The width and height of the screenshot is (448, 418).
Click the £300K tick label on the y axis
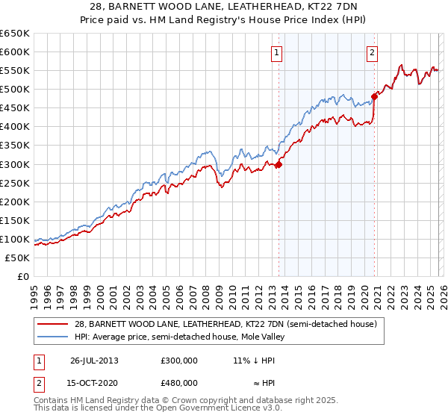(x=15, y=164)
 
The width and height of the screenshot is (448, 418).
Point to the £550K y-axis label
(x=15, y=71)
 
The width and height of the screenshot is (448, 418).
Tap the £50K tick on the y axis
(x=17, y=258)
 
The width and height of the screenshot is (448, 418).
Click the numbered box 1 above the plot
(x=277, y=52)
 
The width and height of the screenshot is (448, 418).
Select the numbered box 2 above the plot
(x=372, y=52)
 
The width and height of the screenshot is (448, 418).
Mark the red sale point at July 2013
(x=279, y=164)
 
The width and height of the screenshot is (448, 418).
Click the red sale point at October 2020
(x=374, y=96)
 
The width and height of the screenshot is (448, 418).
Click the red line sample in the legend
(x=53, y=324)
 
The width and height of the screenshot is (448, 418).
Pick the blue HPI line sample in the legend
(x=53, y=337)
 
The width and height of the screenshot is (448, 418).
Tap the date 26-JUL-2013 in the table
(x=94, y=360)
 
